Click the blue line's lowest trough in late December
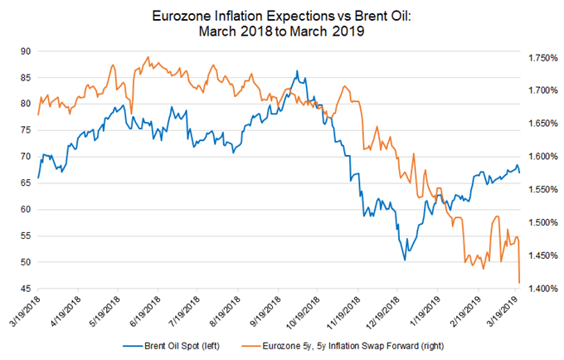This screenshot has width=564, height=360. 405,260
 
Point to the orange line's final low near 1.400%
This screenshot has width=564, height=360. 519,283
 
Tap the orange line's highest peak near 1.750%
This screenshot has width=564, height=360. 148,57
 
